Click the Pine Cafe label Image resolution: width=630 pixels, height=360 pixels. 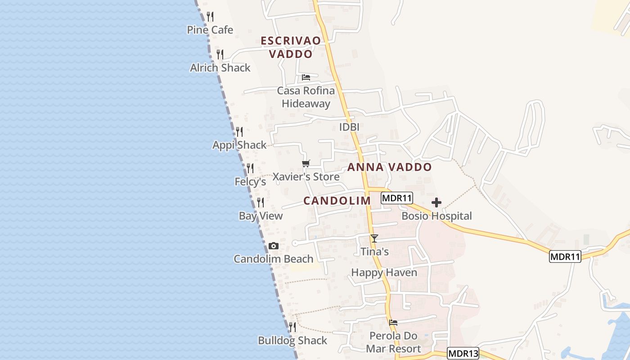[210, 30]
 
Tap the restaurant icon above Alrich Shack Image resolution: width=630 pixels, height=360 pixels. [220, 54]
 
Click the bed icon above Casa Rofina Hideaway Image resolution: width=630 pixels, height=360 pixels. [306, 77]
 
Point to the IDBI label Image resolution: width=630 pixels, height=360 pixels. [349, 127]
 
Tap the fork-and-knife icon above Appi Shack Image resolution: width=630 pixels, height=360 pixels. [239, 132]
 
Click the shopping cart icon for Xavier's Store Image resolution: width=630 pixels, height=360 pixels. [306, 164]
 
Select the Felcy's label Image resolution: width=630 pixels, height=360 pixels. [250, 182]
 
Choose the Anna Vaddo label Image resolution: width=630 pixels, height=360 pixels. [389, 167]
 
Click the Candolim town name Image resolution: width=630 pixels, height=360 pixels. [337, 201]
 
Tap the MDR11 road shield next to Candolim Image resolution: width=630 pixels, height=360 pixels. [396, 198]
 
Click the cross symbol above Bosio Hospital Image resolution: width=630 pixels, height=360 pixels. [436, 202]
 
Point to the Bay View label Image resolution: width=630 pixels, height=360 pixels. [261, 216]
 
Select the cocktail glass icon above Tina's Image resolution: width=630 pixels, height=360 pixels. [374, 238]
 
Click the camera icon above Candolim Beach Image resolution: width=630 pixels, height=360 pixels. [273, 246]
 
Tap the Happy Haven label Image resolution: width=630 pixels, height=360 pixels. [384, 273]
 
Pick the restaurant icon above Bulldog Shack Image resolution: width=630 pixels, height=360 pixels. [292, 327]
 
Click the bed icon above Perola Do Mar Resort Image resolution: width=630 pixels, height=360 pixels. [393, 323]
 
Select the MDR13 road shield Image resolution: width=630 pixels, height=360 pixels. [463, 353]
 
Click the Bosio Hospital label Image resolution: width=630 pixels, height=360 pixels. [436, 216]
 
